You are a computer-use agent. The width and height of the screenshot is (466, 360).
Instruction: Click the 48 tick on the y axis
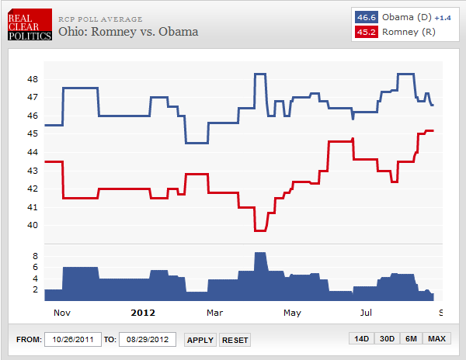pos(32,79)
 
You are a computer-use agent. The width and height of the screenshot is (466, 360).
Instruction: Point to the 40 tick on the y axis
pos(32,226)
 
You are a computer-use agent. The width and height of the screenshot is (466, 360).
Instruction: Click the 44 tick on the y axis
pos(32,152)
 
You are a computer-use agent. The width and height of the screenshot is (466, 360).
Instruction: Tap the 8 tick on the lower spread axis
pos(34,254)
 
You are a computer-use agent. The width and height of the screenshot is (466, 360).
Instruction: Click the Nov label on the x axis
pos(62,313)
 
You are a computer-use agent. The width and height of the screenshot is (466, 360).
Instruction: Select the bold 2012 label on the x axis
pos(142,313)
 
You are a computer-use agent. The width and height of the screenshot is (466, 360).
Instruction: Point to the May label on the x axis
pos(292,313)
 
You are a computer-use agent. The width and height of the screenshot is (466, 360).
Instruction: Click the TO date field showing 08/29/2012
pos(148,339)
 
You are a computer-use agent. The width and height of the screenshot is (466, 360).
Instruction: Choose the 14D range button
pos(361,339)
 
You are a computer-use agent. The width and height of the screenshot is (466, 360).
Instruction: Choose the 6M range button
pos(411,339)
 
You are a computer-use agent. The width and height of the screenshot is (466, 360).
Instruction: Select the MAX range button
pos(436,339)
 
